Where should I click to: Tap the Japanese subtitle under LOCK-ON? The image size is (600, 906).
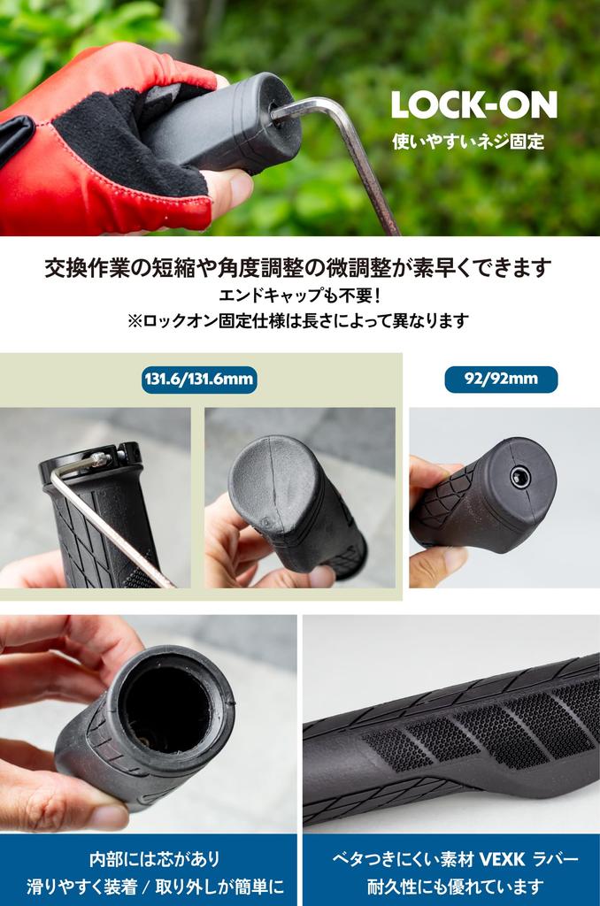467,141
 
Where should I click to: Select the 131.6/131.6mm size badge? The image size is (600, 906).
199,380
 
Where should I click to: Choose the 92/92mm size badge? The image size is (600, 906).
501,380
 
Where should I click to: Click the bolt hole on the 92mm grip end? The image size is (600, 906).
521,478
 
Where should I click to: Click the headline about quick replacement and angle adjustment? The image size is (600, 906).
298,267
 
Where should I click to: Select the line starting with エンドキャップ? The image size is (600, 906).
298,295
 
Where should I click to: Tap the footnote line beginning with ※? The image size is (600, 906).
298,321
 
